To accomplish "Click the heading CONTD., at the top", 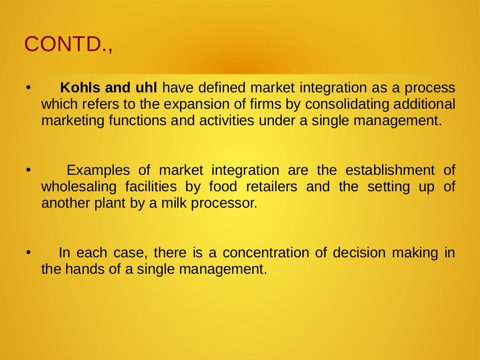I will pos(68,45).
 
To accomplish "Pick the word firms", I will pos(268,104).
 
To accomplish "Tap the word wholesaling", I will pos(79,187).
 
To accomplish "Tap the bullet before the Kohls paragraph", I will pos(28,88).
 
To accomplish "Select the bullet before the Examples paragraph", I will pos(28,170).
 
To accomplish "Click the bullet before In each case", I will pos(28,253).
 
